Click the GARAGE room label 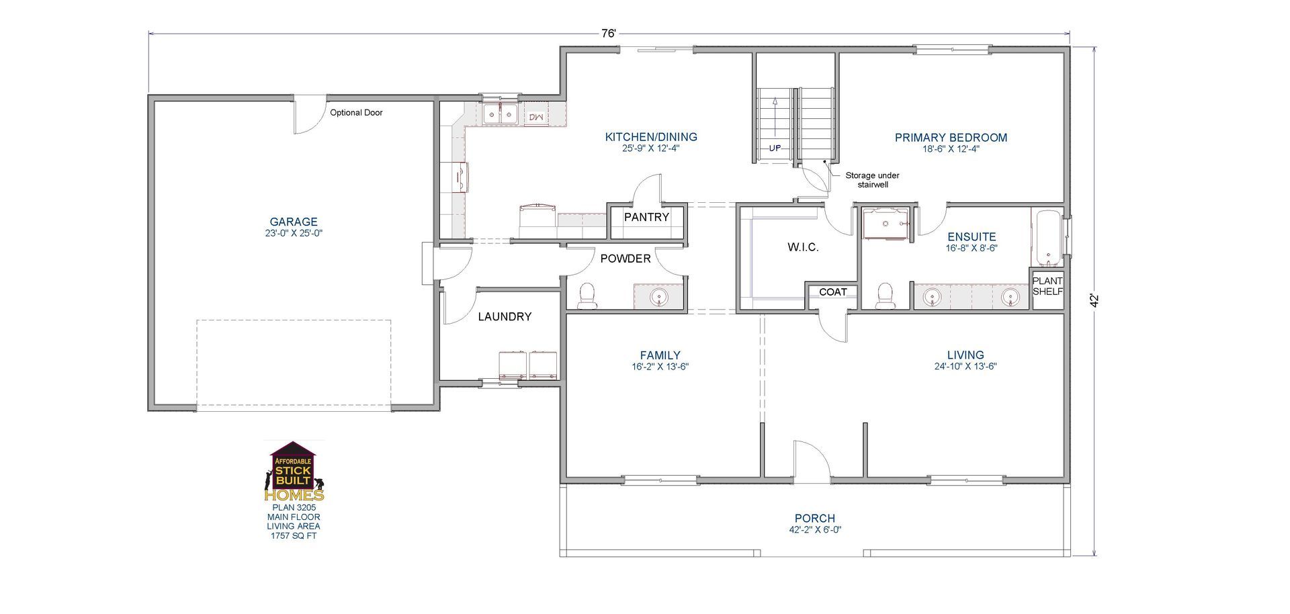click(293, 222)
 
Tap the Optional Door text click(356, 113)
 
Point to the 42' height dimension click(1094, 300)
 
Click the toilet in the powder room click(587, 295)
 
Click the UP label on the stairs click(775, 148)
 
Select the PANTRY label click(646, 217)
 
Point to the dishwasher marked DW click(536, 117)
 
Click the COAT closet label click(832, 292)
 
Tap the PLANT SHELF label click(1047, 286)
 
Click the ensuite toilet click(886, 296)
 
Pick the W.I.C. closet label click(803, 247)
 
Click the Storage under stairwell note click(872, 179)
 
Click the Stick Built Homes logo click(294, 472)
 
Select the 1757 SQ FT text click(294, 536)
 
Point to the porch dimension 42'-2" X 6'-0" click(815, 529)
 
